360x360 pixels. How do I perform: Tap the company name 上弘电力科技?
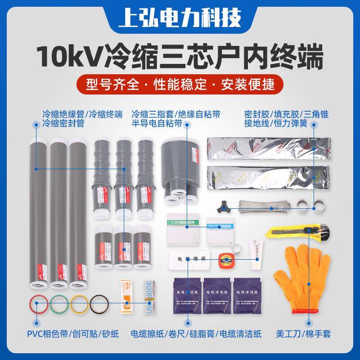click(180, 18)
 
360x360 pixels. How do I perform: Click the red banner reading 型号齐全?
click(180, 84)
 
